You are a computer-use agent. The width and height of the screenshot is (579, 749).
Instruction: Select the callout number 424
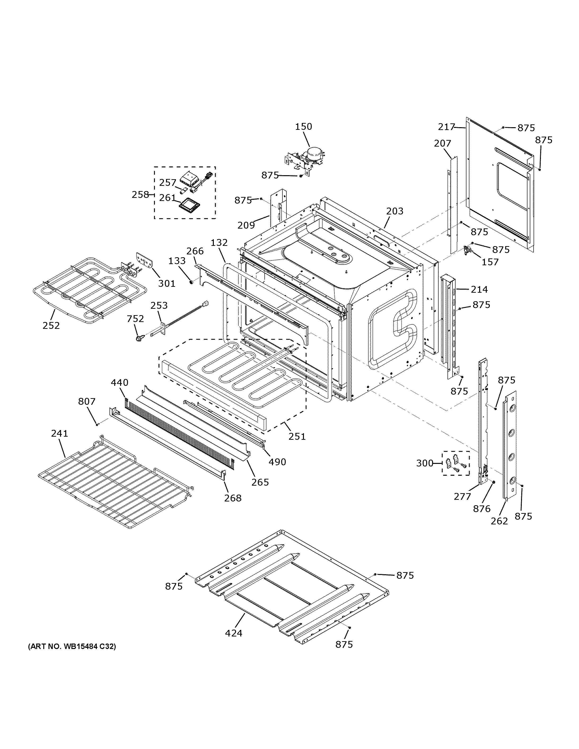click(x=234, y=633)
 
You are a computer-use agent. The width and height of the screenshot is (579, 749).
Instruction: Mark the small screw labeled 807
click(x=97, y=424)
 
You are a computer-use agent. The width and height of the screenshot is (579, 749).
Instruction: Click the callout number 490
click(x=277, y=462)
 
